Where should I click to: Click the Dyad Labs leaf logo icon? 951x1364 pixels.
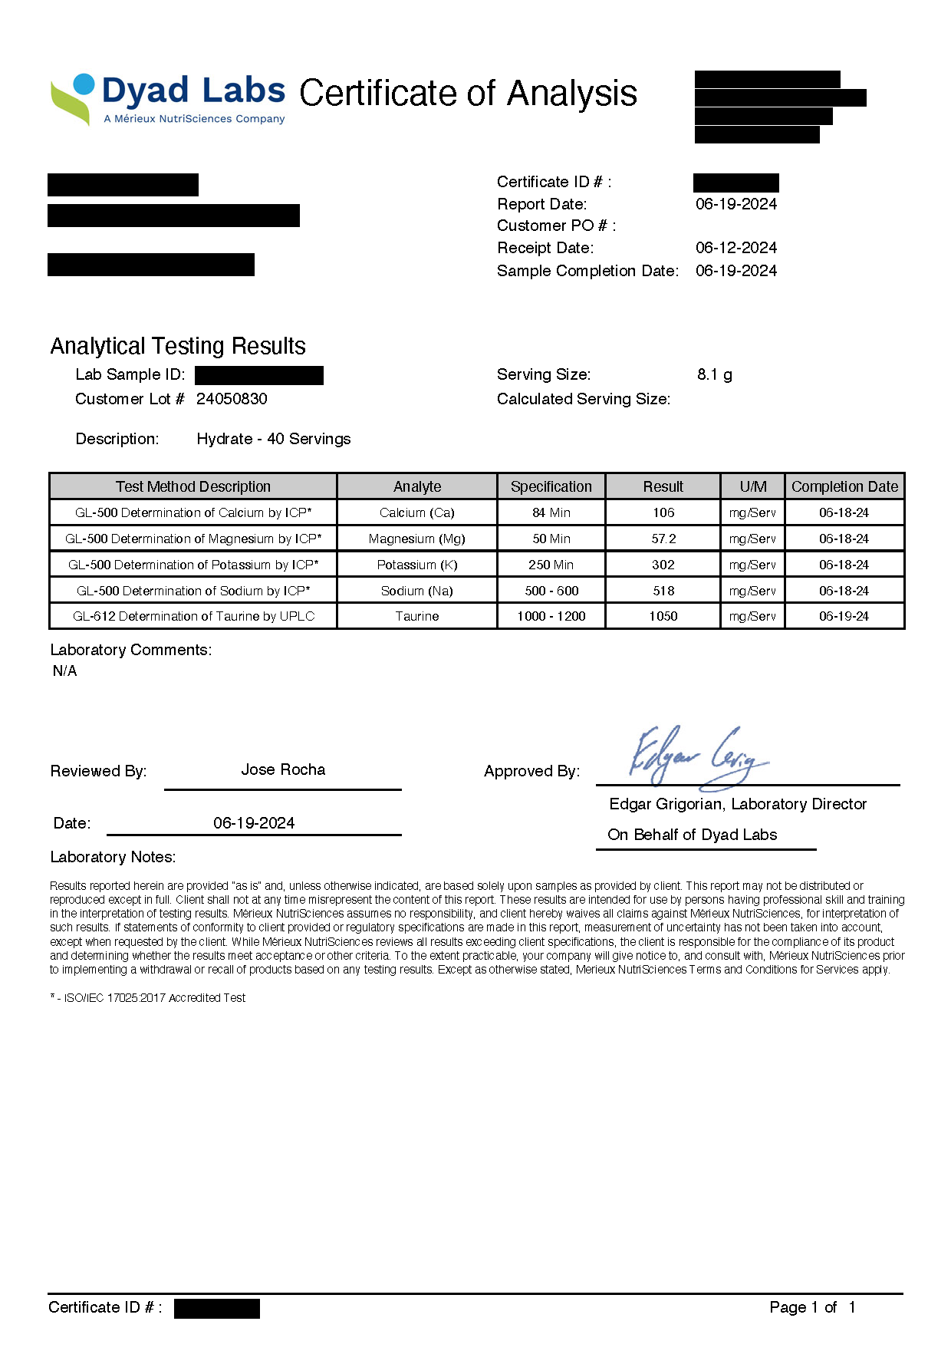tap(73, 99)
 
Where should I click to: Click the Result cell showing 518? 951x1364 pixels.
tap(663, 591)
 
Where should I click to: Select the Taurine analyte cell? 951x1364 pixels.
tap(417, 616)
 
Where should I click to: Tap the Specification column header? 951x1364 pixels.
tap(551, 486)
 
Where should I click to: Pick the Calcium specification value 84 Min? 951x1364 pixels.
tap(551, 512)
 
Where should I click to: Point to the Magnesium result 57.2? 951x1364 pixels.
tap(663, 539)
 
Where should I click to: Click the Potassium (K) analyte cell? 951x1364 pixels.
tap(417, 565)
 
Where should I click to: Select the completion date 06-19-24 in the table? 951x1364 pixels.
tap(844, 616)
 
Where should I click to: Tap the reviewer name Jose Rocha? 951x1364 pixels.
tap(283, 769)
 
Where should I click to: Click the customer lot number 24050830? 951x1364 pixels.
tap(232, 399)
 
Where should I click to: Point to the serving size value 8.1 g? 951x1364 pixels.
tap(714, 374)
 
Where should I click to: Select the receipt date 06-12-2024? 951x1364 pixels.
tap(735, 248)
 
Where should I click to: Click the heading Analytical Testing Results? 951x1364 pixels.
tap(178, 346)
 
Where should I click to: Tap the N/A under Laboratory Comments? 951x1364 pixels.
tap(65, 670)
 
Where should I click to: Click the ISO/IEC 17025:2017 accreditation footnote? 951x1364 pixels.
tap(148, 998)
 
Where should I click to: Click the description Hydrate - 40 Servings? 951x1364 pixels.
tap(274, 439)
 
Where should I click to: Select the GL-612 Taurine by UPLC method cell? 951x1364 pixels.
tap(193, 616)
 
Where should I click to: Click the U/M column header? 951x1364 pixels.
tap(752, 486)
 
